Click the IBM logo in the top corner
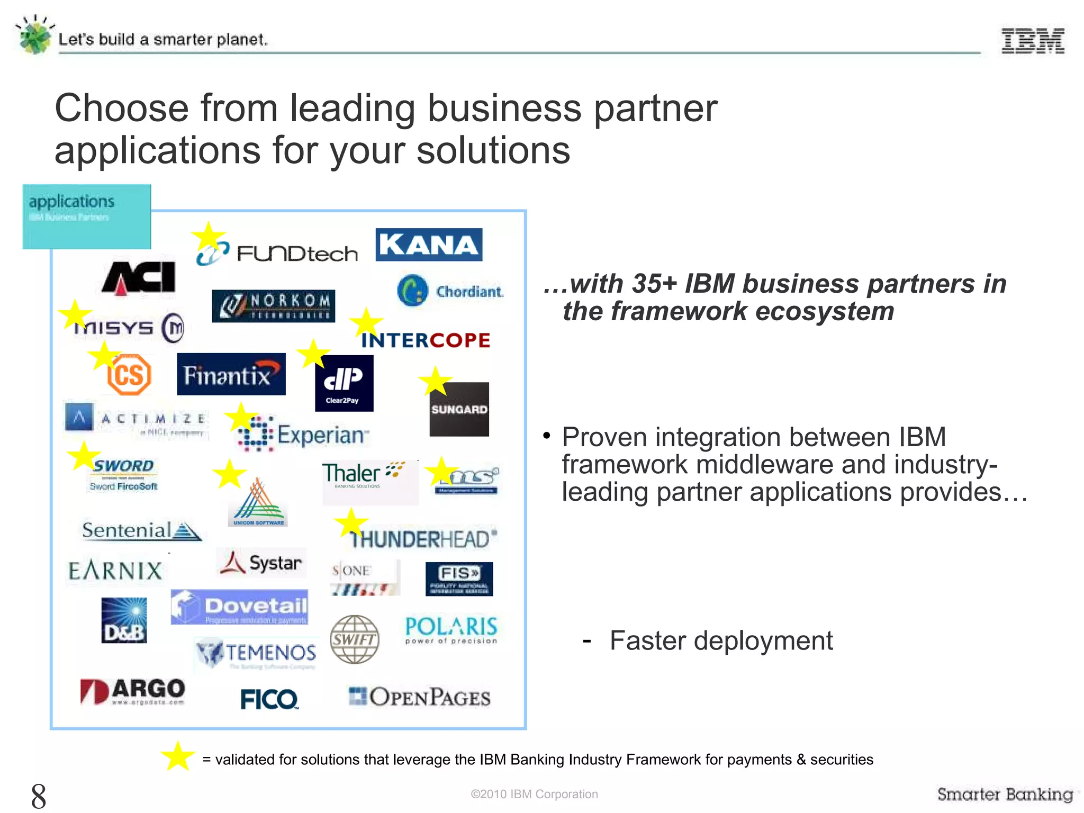coord(1033,41)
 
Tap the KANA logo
coord(429,245)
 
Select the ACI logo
coord(139,277)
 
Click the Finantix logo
coord(231,374)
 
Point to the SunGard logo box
coord(459,409)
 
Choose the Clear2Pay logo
coord(344,383)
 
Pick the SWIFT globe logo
coord(355,639)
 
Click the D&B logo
coord(124,620)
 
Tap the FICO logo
coord(269,699)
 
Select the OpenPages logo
coord(420,697)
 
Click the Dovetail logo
coord(239,607)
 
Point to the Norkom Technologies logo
coord(273,306)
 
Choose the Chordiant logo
coord(450,291)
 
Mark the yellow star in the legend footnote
coord(178,756)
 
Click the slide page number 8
coord(39,796)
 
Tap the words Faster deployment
coord(721,640)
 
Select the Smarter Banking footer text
coord(1005,794)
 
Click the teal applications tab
coord(87,216)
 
